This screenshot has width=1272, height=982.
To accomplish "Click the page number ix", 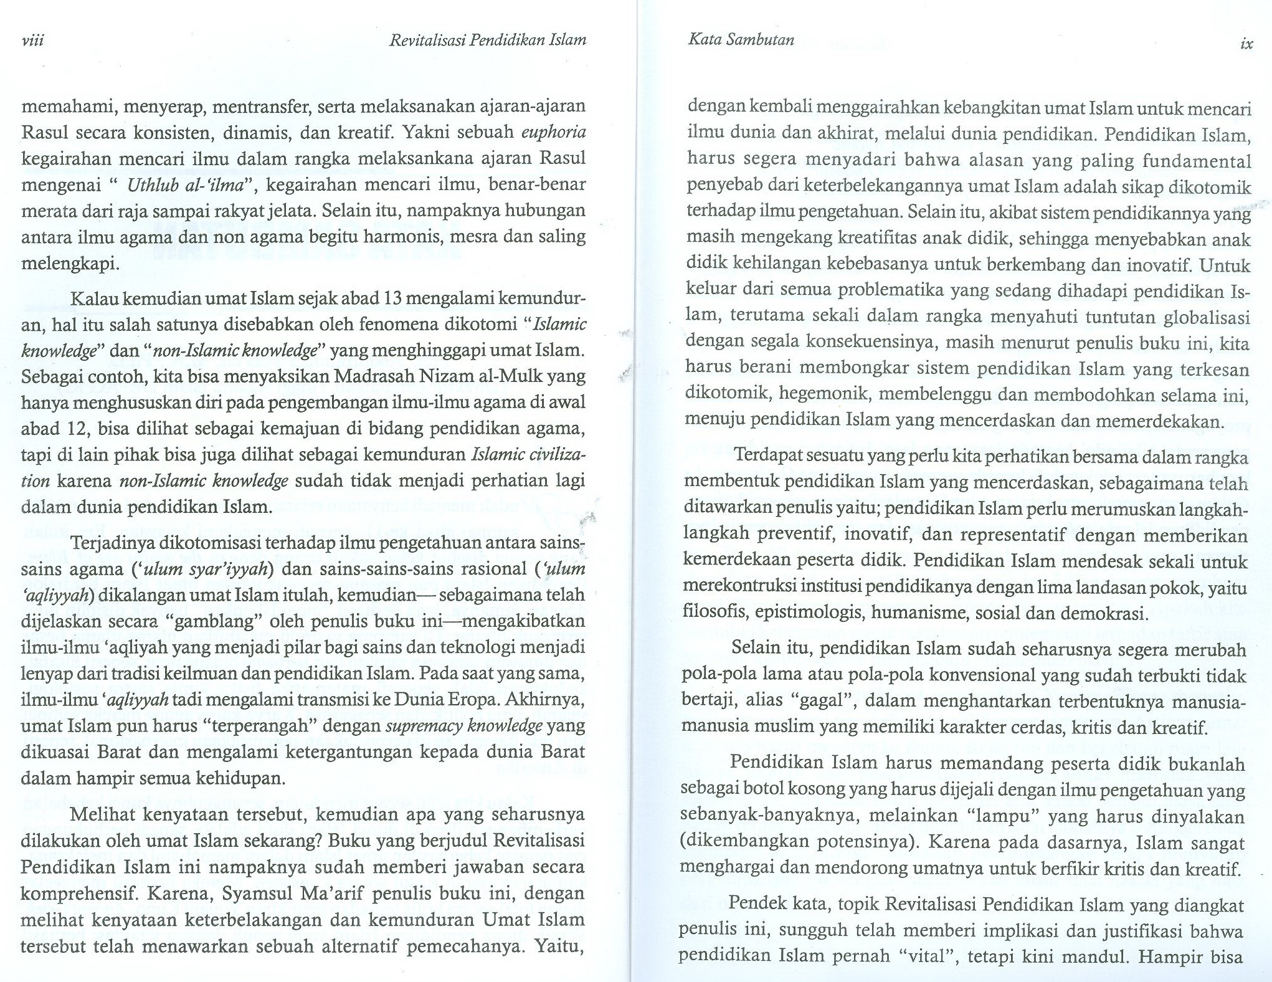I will point(1246,44).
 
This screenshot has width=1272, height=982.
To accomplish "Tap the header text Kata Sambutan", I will point(741,40).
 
